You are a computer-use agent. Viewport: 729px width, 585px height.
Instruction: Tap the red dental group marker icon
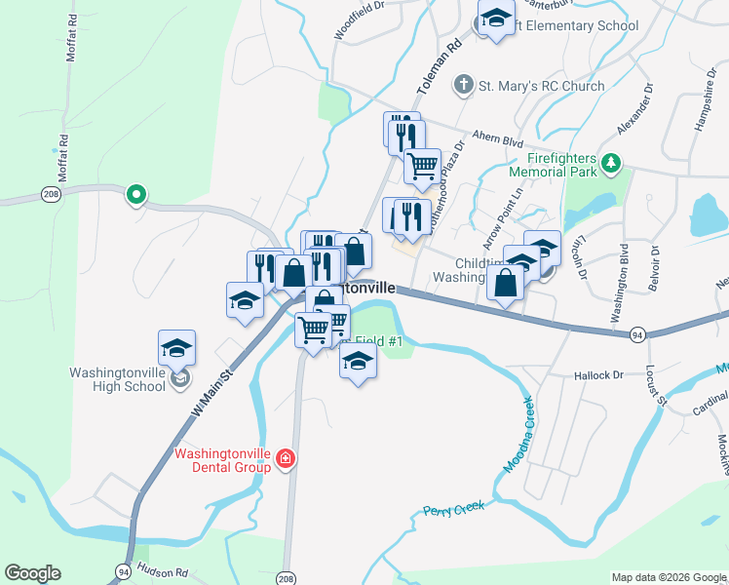pos(286,458)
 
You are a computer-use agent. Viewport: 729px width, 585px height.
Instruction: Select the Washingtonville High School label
pos(117,379)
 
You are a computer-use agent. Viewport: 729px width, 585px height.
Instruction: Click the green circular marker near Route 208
pos(136,195)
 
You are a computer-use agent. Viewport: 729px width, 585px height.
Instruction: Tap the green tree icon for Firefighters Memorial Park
pos(611,163)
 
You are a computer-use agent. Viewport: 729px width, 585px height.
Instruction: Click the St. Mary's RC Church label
pos(541,86)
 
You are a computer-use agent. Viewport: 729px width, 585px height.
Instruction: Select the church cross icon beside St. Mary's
pos(464,86)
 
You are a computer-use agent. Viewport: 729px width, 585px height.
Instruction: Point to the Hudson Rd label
pos(160,570)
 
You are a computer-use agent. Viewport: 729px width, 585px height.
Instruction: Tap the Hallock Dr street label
pos(597,375)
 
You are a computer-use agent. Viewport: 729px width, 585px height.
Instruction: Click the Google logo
pos(32,573)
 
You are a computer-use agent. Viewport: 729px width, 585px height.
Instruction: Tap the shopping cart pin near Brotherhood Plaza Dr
pos(422,166)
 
